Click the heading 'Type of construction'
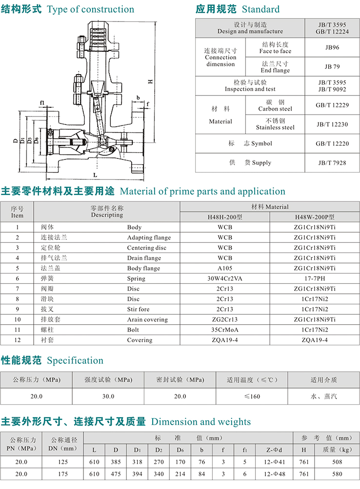(90, 9)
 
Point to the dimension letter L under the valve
(95, 174)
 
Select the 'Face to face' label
(275, 51)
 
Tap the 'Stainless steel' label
(275, 128)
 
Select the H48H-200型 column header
(225, 217)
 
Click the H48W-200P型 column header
(315, 217)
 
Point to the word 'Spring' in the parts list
(136, 278)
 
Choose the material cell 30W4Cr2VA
(225, 278)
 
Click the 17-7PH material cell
(315, 278)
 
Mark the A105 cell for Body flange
(225, 268)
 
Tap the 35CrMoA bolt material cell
(225, 330)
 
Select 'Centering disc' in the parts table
(146, 248)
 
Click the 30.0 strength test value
(108, 396)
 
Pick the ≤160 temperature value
(252, 396)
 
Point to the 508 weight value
(336, 461)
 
